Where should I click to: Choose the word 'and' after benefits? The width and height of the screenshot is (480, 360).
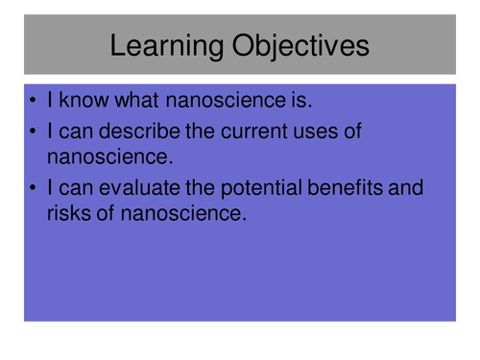point(404,188)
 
